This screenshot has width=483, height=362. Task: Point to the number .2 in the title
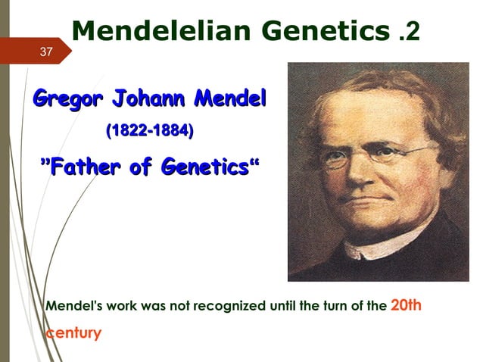pos(407,32)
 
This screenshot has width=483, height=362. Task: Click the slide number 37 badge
pos(46,51)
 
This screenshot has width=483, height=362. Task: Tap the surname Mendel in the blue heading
pos(231,98)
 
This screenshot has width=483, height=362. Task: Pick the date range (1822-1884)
pos(150,131)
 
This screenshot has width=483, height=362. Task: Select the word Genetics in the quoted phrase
pos(199,167)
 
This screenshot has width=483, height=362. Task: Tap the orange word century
pos(73,332)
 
